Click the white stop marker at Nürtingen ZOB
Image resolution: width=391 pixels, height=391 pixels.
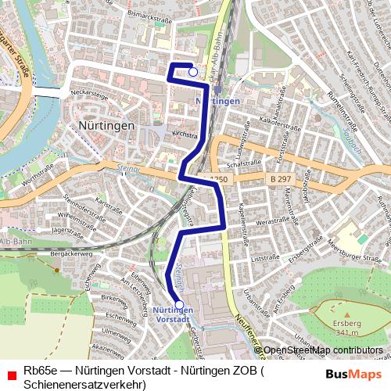click(x=193, y=72)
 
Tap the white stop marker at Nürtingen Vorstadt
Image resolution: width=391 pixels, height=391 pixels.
click(x=179, y=305)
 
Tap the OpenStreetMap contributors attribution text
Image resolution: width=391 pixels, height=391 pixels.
click(x=323, y=350)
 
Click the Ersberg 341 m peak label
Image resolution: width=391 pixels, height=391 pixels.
click(x=346, y=327)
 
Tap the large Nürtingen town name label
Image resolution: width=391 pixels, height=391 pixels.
click(x=108, y=125)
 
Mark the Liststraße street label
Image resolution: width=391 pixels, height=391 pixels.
click(x=264, y=256)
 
